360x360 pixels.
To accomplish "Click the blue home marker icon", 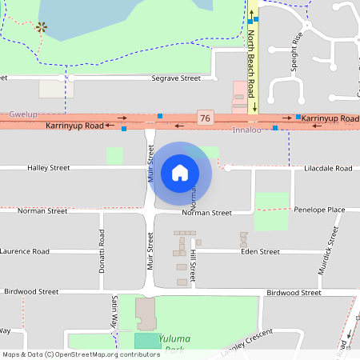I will pyautogui.click(x=180, y=172).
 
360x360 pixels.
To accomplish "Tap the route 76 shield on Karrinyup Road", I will pyautogui.click(x=206, y=118).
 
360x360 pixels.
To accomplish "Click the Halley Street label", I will pyautogui.click(x=49, y=169).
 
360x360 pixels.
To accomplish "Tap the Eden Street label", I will pyautogui.click(x=260, y=251).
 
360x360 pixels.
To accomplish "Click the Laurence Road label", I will pyautogui.click(x=25, y=251).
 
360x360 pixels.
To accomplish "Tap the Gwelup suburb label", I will pyautogui.click(x=23, y=114).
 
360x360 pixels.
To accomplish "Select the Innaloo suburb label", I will pyautogui.click(x=246, y=130).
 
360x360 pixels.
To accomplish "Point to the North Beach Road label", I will pyautogui.click(x=251, y=60).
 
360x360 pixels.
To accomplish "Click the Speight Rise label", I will pyautogui.click(x=298, y=49).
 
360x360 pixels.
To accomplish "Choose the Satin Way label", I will pyautogui.click(x=114, y=309).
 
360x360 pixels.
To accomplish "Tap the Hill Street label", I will pyautogui.click(x=194, y=262).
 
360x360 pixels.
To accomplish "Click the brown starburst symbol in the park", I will pyautogui.click(x=41, y=28).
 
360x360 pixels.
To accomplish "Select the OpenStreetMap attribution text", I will pyautogui.click(x=82, y=354).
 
